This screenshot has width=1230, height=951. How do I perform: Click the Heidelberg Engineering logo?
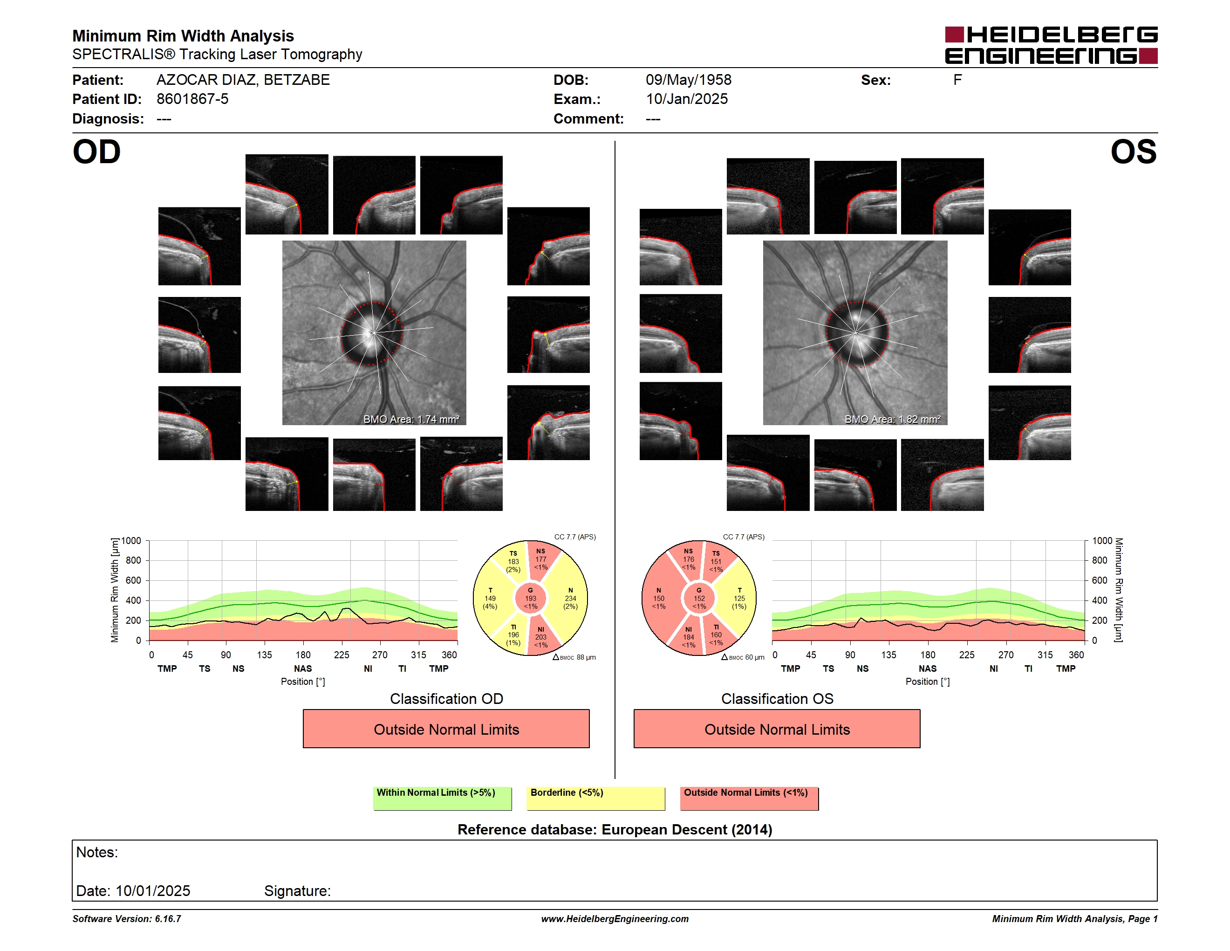pyautogui.click(x=1051, y=45)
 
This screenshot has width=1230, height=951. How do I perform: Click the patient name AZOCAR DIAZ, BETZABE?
pyautogui.click(x=243, y=80)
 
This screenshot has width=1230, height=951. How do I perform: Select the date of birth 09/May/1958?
pyautogui.click(x=688, y=80)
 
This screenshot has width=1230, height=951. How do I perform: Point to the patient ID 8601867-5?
pyautogui.click(x=192, y=99)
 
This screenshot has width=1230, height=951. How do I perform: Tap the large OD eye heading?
pyautogui.click(x=97, y=152)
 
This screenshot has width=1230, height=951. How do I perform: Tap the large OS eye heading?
pyautogui.click(x=1133, y=152)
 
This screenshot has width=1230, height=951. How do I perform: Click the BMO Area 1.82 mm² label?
pyautogui.click(x=892, y=419)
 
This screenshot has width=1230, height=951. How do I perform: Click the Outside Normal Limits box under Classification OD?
pyautogui.click(x=446, y=729)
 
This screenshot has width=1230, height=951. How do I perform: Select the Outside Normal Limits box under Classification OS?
pyautogui.click(x=777, y=729)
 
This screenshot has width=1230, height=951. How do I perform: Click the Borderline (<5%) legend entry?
pyautogui.click(x=595, y=798)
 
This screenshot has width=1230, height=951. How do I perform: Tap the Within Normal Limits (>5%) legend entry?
pyautogui.click(x=442, y=798)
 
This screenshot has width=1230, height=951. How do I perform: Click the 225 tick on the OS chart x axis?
pyautogui.click(x=966, y=655)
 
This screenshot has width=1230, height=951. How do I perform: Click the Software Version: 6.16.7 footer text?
pyautogui.click(x=127, y=919)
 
